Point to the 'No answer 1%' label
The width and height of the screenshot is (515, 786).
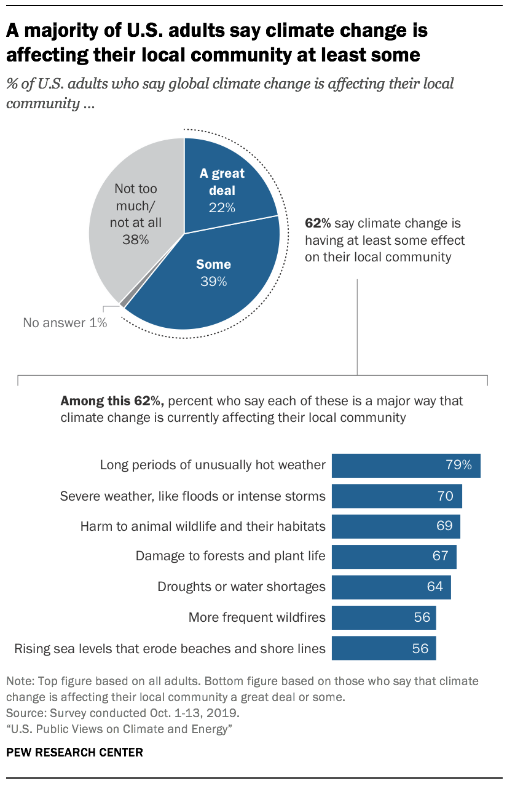pos(65,322)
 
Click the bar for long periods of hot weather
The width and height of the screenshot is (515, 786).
pos(406,466)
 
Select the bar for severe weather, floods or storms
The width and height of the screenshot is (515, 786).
pos(396,496)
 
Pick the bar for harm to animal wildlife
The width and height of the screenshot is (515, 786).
pos(396,526)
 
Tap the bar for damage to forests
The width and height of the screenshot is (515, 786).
pos(394,556)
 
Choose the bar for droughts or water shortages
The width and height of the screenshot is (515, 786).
pos(391,586)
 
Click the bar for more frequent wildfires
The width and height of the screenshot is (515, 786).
pos(383,617)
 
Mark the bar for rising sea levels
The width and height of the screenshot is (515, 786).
pos(383,648)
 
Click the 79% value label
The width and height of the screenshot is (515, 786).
pos(459,465)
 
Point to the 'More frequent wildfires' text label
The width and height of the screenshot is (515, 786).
pos(257,617)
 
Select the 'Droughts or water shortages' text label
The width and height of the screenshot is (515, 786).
pos(242,586)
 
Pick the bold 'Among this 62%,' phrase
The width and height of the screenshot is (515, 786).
pos(112,402)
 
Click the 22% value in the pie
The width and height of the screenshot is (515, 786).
pos(221,207)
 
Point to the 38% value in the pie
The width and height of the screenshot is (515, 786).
pos(135,240)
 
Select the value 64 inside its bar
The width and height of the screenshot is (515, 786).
pos(434,586)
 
